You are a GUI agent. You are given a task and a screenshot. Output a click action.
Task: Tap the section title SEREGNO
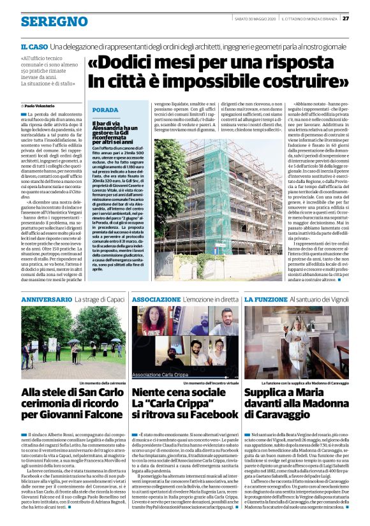click(45, 22)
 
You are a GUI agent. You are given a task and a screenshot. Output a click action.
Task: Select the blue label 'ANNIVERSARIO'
click(48, 299)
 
